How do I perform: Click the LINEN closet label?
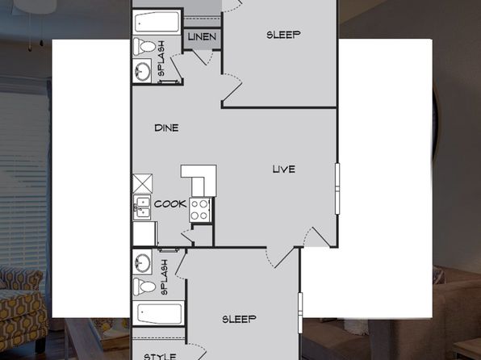[202, 37]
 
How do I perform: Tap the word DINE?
[166, 128]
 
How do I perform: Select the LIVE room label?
[284, 170]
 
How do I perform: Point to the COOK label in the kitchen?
[170, 203]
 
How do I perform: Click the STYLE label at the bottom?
[160, 357]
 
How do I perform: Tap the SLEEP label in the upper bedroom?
[283, 35]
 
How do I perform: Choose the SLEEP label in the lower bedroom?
[239, 319]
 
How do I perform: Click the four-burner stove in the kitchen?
[199, 210]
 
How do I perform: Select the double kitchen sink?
[142, 207]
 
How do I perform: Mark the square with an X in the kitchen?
[142, 183]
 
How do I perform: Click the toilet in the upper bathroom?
[144, 47]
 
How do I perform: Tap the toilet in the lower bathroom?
[144, 287]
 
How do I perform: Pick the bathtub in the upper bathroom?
[157, 22]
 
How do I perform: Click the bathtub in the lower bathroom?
[158, 313]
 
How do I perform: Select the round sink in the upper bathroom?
[142, 71]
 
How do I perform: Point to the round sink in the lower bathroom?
[142, 262]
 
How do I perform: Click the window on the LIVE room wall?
[337, 189]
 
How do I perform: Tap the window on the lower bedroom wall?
[300, 312]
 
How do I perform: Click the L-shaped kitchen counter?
[199, 181]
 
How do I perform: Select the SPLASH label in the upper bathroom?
[161, 59]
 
